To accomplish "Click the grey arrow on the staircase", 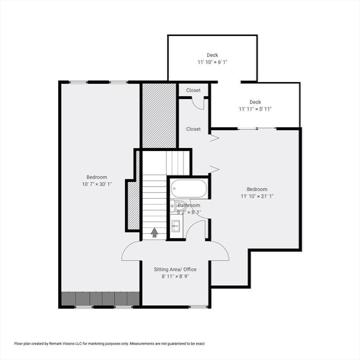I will click(x=154, y=232).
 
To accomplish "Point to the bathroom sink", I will click(x=176, y=226).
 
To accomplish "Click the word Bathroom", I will click(x=189, y=205).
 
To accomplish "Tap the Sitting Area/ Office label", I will click(x=175, y=270).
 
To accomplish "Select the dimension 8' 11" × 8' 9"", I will click(x=175, y=277).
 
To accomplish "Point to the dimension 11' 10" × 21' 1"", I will click(x=257, y=196).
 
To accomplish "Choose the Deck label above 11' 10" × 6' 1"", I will click(x=212, y=55).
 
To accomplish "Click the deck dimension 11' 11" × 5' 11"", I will click(x=255, y=109).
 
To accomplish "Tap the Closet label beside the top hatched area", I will click(x=194, y=90).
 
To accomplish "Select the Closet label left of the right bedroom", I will click(x=194, y=129).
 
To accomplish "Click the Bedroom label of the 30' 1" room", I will click(x=97, y=177).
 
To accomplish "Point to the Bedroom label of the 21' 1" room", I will click(x=257, y=189).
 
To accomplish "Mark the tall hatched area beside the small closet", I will click(x=159, y=115).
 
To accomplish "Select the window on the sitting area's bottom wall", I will click(x=199, y=307).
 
